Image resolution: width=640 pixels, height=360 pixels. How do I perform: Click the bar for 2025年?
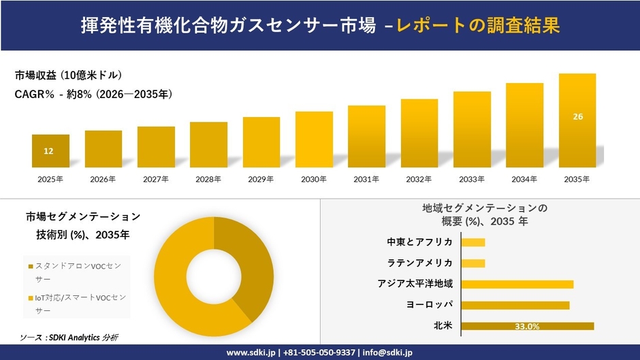point(50,151)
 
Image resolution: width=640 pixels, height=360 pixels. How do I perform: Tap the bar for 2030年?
point(314,140)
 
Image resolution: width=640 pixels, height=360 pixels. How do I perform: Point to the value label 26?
point(577,117)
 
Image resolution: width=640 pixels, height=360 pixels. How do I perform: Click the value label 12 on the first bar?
point(48,151)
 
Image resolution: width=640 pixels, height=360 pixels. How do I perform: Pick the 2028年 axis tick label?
point(208,180)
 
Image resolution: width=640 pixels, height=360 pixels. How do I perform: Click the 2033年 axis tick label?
point(472,180)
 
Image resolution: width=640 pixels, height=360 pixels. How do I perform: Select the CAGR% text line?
point(93,95)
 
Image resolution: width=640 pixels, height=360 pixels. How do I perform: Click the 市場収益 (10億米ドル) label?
point(68,75)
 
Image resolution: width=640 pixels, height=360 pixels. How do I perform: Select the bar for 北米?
point(527,326)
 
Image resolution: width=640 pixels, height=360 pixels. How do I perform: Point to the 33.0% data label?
point(527,327)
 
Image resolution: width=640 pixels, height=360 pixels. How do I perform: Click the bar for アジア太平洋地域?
point(517,284)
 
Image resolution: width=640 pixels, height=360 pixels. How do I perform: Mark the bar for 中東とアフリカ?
point(473,242)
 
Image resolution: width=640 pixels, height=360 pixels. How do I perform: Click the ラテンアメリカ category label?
point(419,263)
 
